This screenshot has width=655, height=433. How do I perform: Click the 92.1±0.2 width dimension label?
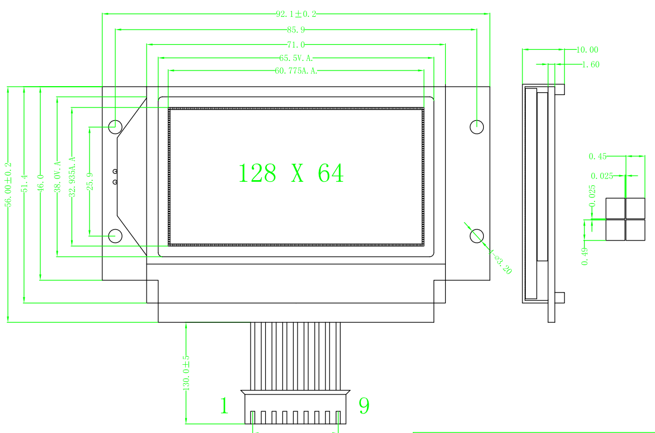[x=296, y=14]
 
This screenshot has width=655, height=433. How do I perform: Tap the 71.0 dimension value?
[x=296, y=45]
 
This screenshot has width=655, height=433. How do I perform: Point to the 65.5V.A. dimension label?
[x=295, y=58]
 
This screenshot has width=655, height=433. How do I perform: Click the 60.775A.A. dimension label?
[x=296, y=71]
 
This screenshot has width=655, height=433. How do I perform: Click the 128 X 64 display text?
[x=291, y=173]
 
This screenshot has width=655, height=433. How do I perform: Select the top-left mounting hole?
[x=115, y=126]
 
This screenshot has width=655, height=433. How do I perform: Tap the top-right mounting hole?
[x=477, y=126]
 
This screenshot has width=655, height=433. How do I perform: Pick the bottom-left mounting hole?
[x=115, y=236]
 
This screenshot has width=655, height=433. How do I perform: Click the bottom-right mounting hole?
[x=477, y=236]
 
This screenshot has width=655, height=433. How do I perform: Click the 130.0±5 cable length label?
[x=186, y=373]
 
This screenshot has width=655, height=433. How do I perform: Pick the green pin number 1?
[x=224, y=406]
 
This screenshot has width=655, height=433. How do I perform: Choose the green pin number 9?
[x=364, y=406]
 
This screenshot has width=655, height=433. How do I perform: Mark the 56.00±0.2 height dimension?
[x=8, y=185]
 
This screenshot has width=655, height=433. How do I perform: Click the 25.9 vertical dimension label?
[x=89, y=181]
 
